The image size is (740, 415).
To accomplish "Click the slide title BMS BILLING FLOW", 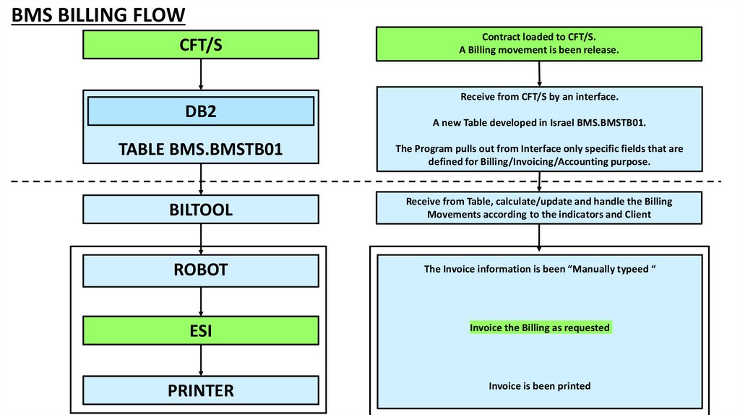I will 98,14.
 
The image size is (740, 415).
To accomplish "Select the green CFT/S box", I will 201,44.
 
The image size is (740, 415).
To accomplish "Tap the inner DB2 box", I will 201,111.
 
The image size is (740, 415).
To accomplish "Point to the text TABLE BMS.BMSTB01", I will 201,149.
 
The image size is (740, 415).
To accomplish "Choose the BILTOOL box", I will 201,210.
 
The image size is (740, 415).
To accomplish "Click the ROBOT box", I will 201,270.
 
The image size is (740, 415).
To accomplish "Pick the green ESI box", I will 201,330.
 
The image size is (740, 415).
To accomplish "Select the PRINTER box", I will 201,390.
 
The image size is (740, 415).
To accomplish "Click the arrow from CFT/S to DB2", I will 201,74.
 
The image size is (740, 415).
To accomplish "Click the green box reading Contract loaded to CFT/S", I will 539,43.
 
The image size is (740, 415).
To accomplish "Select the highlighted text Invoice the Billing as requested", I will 540,328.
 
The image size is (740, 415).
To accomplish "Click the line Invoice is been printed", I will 540,386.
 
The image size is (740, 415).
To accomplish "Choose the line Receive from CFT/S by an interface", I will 539,97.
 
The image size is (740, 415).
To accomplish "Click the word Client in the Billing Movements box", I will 636,214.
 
